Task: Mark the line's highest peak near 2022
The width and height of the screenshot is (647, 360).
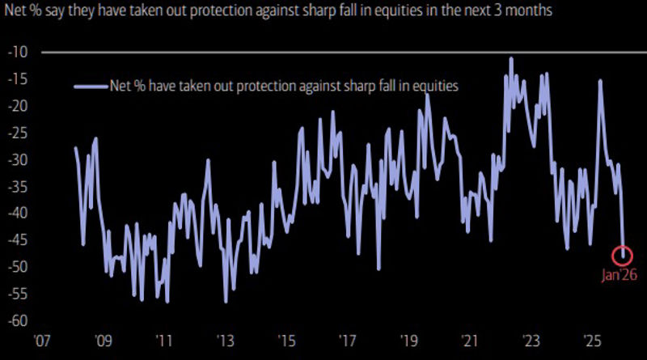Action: (511, 58)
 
